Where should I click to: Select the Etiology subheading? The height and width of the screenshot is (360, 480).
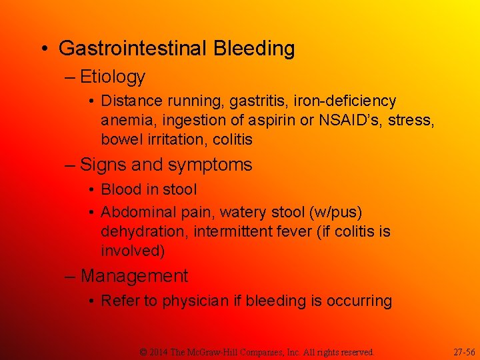(112, 77)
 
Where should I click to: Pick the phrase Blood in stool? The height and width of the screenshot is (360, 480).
(149, 190)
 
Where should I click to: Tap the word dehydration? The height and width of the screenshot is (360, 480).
(141, 232)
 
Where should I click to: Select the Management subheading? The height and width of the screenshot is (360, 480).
(134, 276)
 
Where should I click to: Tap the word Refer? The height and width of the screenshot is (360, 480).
(120, 301)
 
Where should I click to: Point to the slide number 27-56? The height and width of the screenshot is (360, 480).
(463, 351)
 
